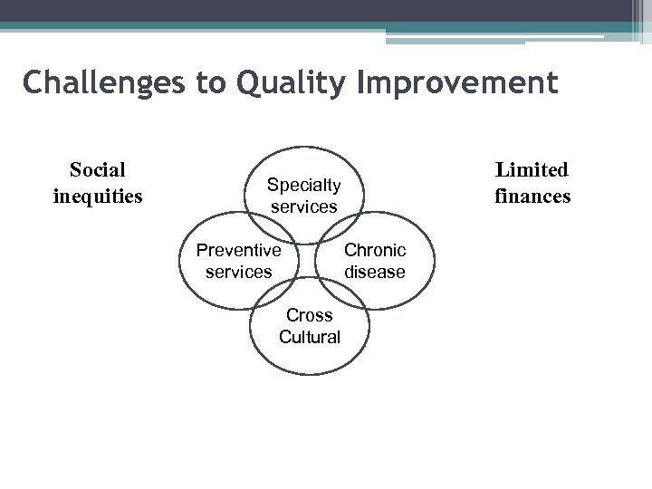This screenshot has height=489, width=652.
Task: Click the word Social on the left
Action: (98, 169)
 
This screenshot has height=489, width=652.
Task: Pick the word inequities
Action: (98, 195)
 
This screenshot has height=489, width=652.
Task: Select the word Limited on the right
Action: (532, 169)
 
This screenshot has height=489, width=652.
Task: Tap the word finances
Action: (532, 195)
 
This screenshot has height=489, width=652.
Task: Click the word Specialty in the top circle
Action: (303, 186)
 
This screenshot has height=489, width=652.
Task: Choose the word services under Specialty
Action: (303, 206)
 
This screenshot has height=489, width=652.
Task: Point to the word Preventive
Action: (238, 250)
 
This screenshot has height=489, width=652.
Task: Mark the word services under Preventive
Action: (238, 272)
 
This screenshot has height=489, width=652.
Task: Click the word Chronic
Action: (375, 250)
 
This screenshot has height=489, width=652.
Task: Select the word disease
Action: (375, 272)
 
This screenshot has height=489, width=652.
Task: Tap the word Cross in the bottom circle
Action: (310, 315)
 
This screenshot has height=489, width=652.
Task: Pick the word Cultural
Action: (310, 337)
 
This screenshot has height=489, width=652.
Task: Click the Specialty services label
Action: (303, 196)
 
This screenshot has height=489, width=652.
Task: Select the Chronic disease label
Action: (375, 261)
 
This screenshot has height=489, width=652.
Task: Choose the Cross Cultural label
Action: (310, 326)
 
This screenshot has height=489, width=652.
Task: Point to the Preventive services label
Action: (238, 261)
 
